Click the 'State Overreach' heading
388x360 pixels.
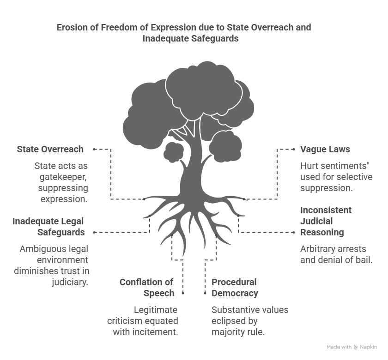50,149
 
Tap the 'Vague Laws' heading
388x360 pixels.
325,149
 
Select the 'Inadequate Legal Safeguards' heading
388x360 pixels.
48,226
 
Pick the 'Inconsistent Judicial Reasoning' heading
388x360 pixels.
322,221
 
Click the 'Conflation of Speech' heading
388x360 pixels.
146,287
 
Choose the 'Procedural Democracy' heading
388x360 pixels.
235,287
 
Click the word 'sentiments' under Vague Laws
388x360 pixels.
346,165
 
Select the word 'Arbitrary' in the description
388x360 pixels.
317,248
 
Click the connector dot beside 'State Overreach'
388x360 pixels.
94,149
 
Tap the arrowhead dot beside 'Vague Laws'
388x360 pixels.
294,149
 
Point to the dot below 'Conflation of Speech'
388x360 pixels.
183,293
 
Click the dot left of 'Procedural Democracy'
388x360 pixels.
205,293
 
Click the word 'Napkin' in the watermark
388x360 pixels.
369,347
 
